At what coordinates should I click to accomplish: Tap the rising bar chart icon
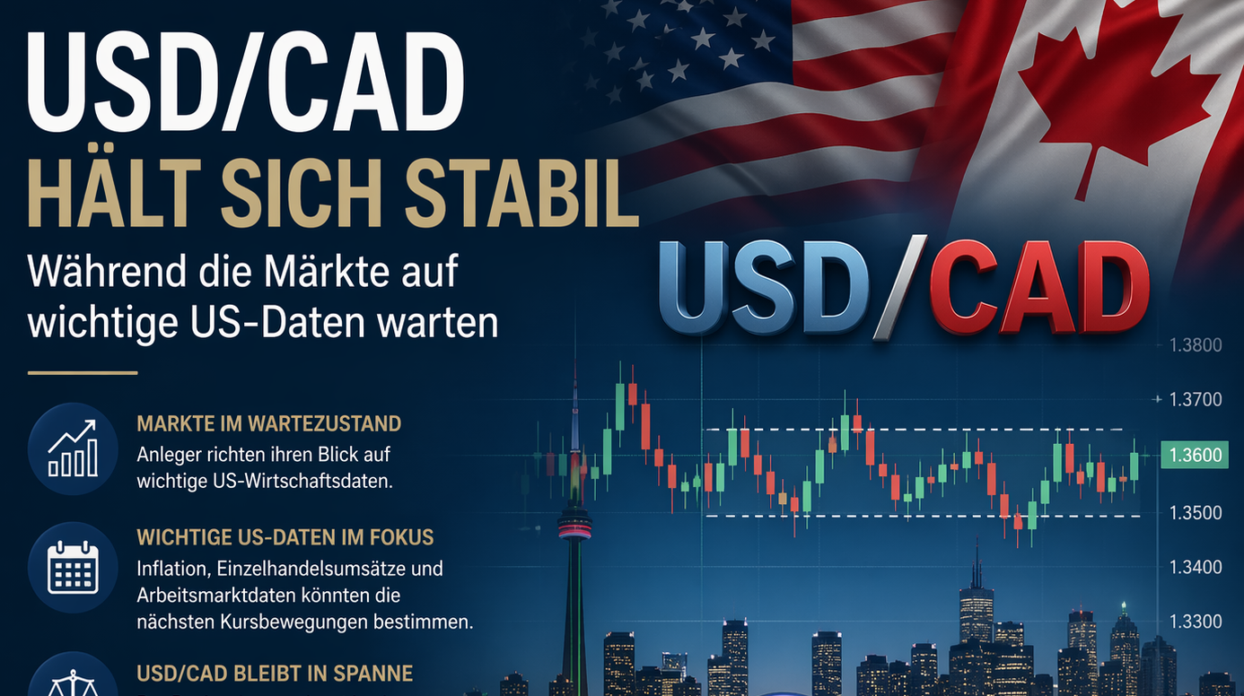[73, 448]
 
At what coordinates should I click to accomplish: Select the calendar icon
[73, 568]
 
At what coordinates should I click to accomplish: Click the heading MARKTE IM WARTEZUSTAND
[268, 423]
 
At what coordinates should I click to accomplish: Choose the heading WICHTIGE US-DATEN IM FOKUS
[285, 537]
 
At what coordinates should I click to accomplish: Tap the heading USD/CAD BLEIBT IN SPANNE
[275, 673]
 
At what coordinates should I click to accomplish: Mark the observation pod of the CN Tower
[574, 524]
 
